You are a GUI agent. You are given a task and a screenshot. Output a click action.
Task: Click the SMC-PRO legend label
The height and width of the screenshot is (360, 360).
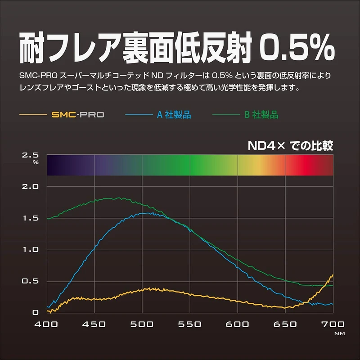(x=78, y=115)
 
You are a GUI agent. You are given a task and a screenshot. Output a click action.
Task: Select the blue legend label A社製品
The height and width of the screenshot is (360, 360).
(x=174, y=115)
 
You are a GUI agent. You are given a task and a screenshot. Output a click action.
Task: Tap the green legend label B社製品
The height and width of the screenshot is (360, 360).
(x=261, y=115)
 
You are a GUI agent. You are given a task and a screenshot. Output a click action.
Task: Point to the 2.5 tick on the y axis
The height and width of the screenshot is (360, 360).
(x=31, y=155)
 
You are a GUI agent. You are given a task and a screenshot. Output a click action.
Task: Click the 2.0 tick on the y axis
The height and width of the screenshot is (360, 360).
(x=31, y=186)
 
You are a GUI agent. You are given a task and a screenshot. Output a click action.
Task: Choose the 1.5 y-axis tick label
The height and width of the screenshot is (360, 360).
(x=31, y=218)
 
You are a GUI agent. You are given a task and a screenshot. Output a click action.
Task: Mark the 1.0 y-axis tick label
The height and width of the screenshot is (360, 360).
(x=31, y=250)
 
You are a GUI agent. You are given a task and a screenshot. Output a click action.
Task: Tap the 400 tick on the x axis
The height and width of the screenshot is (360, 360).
(x=47, y=324)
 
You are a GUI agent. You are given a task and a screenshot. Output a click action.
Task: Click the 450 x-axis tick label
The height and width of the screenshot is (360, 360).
(x=94, y=324)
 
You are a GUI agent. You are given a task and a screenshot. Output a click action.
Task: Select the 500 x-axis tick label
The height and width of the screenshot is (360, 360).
(x=142, y=324)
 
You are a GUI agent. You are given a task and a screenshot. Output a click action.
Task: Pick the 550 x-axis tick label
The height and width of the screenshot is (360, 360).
(x=190, y=324)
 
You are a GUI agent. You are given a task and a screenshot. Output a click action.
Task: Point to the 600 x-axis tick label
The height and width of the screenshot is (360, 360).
(x=238, y=324)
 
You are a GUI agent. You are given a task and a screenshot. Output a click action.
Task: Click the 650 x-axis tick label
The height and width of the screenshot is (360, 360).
(x=285, y=324)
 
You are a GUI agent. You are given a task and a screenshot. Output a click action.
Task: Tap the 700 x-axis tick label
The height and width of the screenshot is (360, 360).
(x=333, y=324)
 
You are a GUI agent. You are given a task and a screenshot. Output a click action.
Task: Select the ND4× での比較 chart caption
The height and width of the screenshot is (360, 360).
(x=290, y=146)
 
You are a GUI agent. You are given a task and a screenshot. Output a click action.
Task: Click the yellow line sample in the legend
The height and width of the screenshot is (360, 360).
(x=34, y=115)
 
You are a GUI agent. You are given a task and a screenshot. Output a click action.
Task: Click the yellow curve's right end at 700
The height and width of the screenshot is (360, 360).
(x=333, y=274)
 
